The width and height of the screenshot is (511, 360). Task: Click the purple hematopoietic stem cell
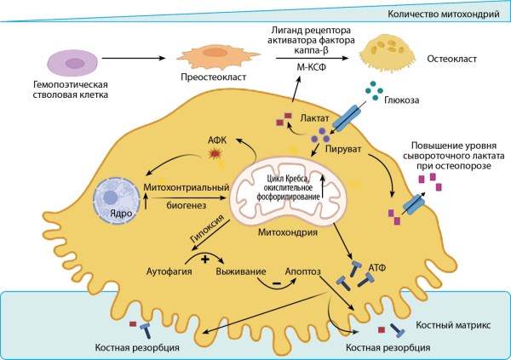click(72, 64)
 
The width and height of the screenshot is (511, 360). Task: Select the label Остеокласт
click(451, 59)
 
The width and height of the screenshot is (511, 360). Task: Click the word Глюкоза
click(401, 100)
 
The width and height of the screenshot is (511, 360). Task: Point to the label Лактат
click(315, 117)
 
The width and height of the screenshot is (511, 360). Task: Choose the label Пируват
click(343, 150)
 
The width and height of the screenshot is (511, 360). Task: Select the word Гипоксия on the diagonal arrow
click(207, 228)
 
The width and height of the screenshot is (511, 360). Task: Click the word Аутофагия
click(169, 271)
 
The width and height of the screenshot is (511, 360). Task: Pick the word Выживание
click(241, 271)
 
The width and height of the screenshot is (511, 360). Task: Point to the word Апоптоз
click(302, 271)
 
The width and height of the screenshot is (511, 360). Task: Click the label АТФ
click(377, 268)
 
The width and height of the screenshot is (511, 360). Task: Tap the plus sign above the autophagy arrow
click(205, 259)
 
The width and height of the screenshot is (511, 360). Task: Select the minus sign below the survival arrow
click(276, 283)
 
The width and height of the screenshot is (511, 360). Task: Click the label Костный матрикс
click(453, 325)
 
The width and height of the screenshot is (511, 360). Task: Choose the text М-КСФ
click(311, 67)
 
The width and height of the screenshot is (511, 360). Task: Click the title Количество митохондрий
click(444, 14)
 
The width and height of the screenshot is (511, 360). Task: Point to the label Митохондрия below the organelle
click(288, 232)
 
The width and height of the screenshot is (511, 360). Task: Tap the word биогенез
click(187, 205)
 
